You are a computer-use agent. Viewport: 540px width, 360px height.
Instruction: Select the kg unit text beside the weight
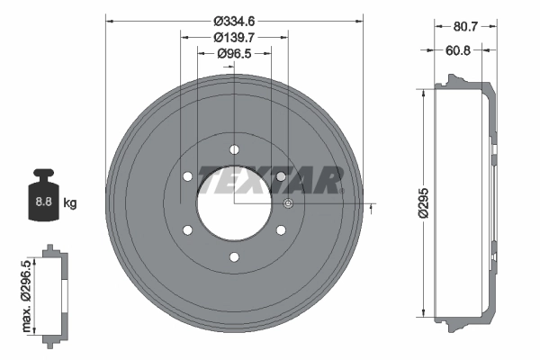tap(70, 203)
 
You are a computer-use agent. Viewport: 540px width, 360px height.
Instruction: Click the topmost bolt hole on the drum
tap(234, 149)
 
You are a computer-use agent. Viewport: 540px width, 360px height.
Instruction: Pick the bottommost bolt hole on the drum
tap(234, 257)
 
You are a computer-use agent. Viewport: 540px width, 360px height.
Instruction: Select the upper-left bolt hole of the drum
tap(187, 176)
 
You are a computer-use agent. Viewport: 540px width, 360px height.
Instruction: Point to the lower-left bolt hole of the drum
tap(187, 230)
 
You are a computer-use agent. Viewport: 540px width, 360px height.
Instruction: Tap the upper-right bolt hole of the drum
tap(281, 176)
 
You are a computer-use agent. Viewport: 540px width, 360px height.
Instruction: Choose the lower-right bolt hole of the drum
tap(281, 230)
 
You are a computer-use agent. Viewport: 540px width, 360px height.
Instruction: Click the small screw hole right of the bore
tap(287, 204)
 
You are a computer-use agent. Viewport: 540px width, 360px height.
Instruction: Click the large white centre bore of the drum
tap(234, 203)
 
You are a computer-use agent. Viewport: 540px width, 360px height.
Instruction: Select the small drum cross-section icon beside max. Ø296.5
tap(55, 292)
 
